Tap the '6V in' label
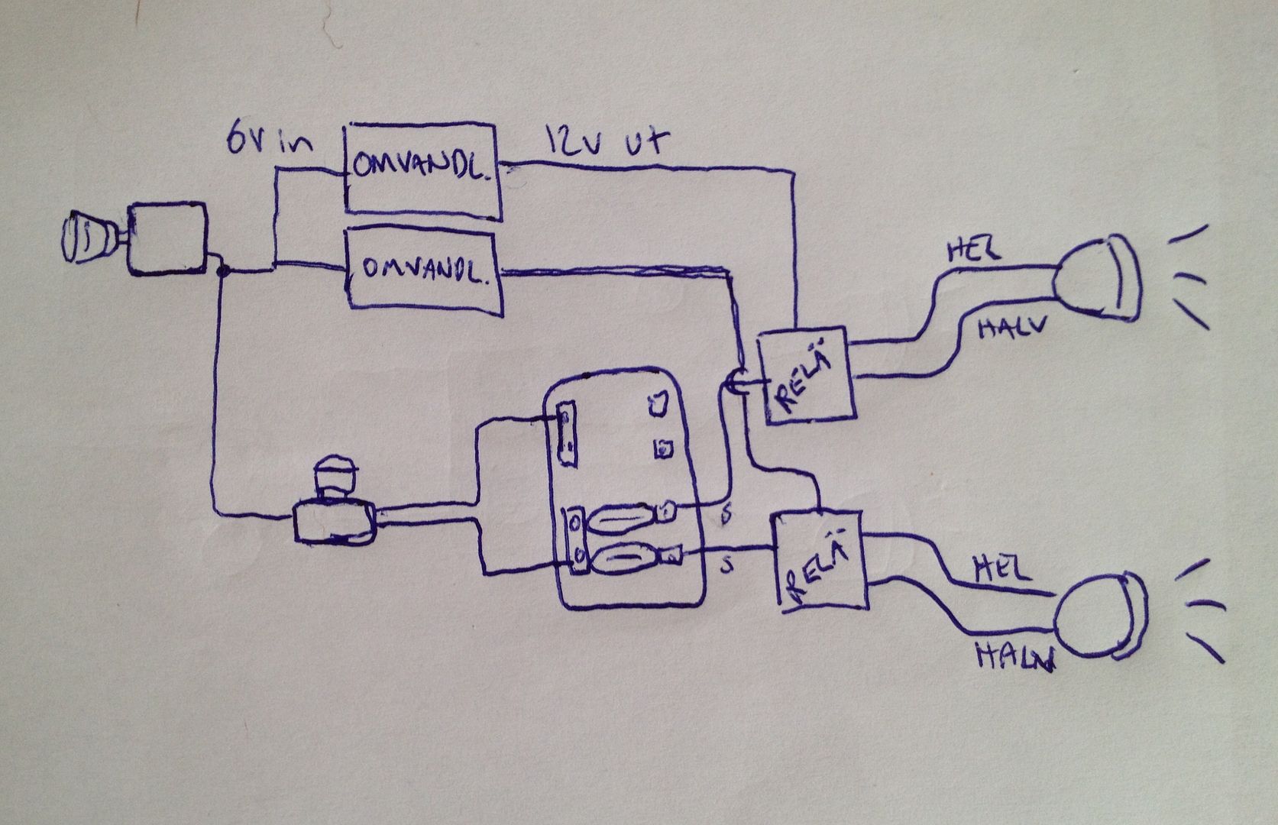click(x=269, y=140)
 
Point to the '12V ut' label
click(x=607, y=142)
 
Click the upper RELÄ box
click(x=806, y=376)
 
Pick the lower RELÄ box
click(x=821, y=562)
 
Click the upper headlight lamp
click(x=1098, y=279)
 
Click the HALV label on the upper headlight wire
click(x=1009, y=329)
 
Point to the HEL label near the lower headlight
click(x=1001, y=568)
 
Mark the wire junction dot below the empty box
click(x=222, y=269)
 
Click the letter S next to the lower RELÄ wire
click(x=728, y=566)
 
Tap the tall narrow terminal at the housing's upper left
click(x=566, y=434)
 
